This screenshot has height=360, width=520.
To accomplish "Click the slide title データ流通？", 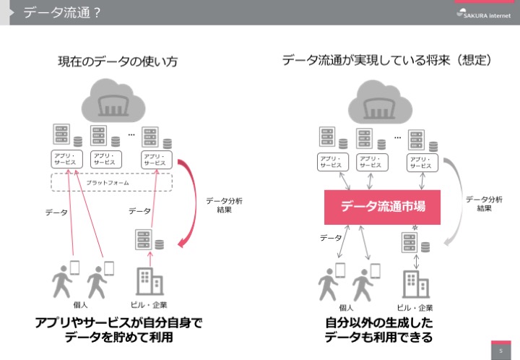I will click(61, 12).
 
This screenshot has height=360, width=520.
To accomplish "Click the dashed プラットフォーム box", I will click(111, 183).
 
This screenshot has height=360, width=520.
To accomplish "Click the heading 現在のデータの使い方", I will click(118, 62).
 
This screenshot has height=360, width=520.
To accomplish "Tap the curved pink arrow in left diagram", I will click(188, 203).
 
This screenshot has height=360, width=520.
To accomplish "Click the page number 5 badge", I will click(500, 350).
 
